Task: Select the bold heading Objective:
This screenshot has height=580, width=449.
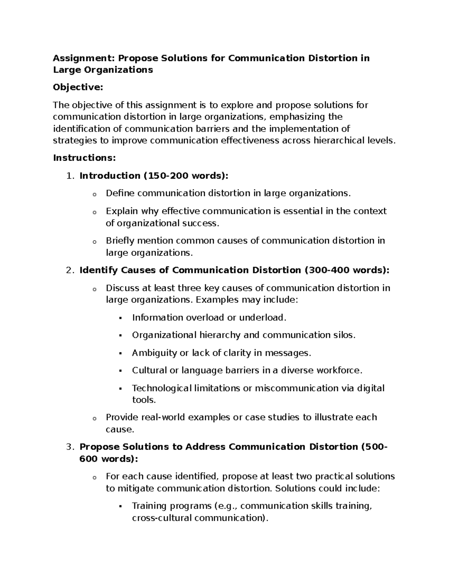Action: pyautogui.click(x=77, y=87)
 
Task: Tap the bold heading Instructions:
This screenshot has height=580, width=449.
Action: pyautogui.click(x=85, y=158)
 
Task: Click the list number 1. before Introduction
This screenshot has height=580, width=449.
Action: pyautogui.click(x=71, y=176)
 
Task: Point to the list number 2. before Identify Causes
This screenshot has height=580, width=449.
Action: pyautogui.click(x=71, y=270)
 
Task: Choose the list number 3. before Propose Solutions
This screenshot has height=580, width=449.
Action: pyautogui.click(x=71, y=447)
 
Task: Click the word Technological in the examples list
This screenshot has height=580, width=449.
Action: pyautogui.click(x=162, y=388)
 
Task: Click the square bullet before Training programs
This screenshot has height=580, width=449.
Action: pyautogui.click(x=120, y=506)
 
